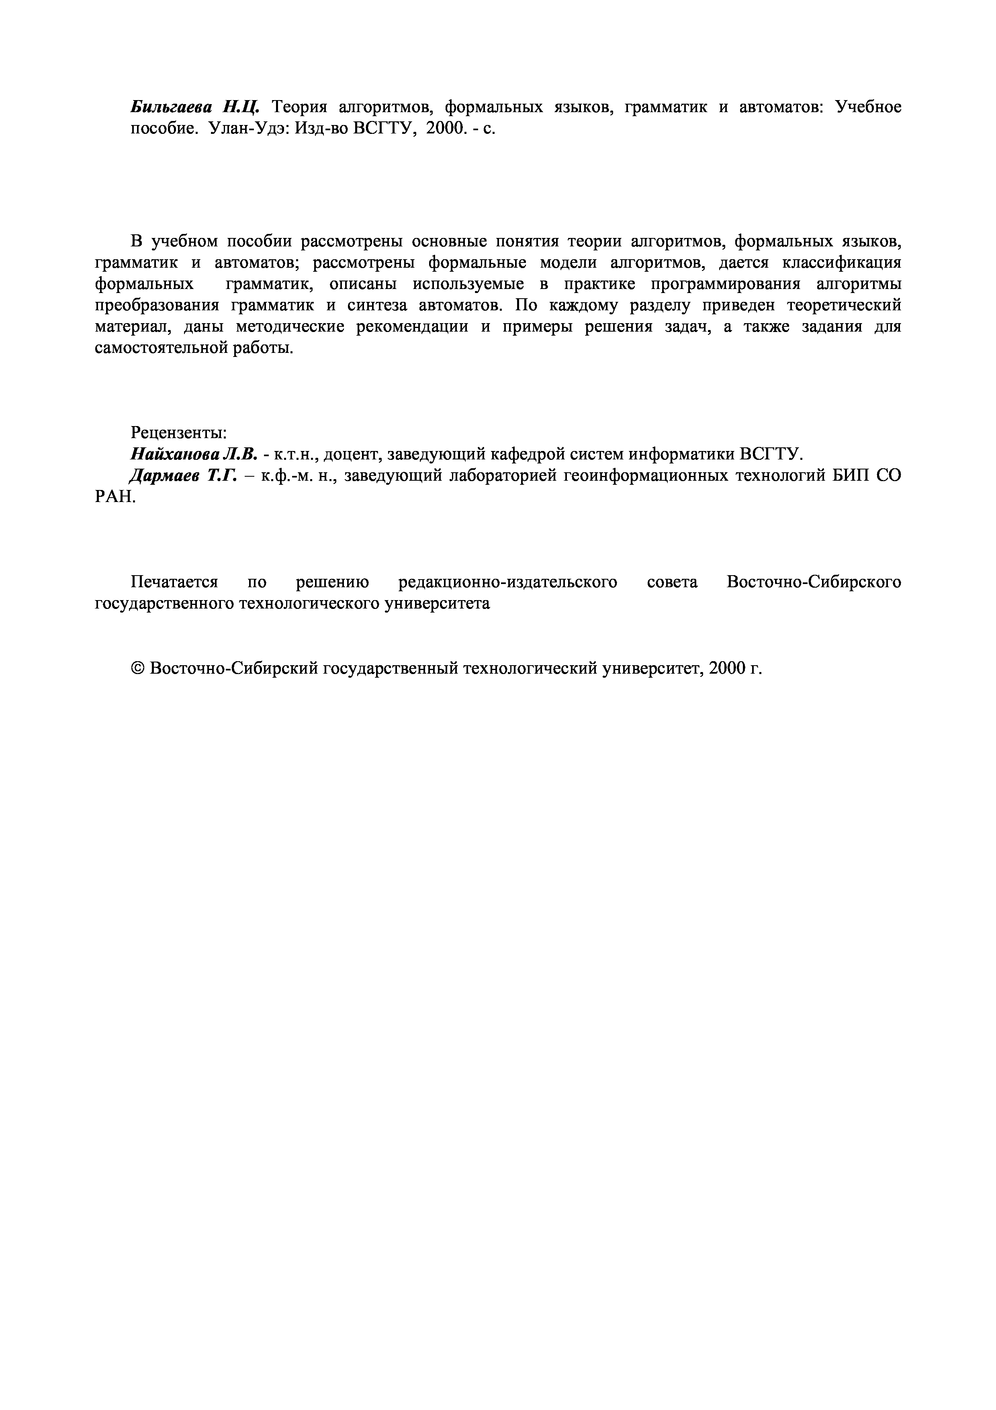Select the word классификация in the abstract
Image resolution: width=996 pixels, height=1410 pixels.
pyautogui.click(x=842, y=263)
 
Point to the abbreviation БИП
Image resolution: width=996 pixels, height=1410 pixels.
pyautogui.click(x=851, y=475)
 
